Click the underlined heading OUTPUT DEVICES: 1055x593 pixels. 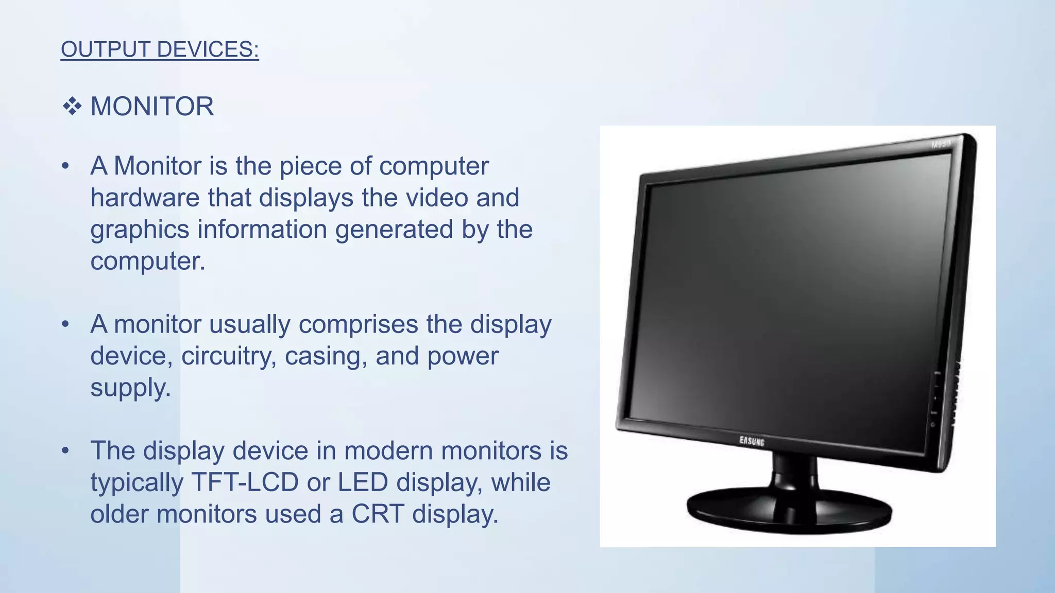click(160, 49)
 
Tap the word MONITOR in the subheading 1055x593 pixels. click(152, 107)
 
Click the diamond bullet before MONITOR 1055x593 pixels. click(72, 107)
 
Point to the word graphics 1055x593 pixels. click(140, 230)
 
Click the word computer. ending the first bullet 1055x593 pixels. click(147, 261)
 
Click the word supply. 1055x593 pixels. click(130, 388)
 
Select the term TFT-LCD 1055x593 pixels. click(245, 483)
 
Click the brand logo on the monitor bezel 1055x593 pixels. click(752, 441)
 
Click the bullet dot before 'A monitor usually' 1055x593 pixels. click(65, 325)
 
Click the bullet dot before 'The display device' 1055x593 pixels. click(65, 451)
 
